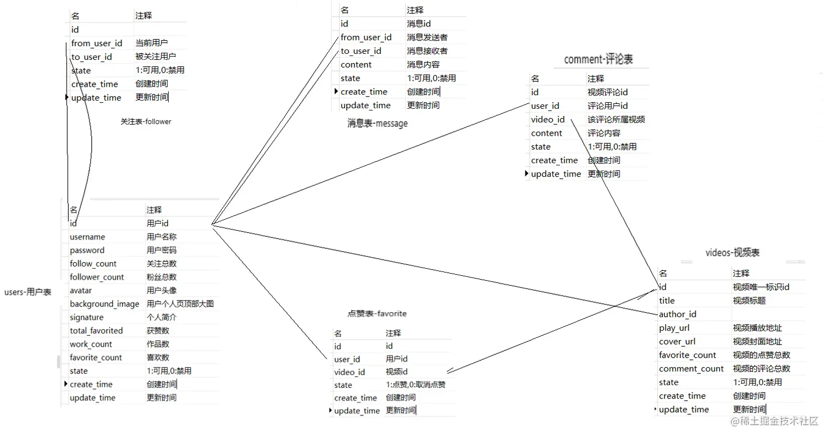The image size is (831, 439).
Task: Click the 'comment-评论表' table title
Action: click(598, 59)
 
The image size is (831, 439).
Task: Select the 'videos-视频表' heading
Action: click(732, 252)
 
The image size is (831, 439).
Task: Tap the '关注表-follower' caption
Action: click(146, 121)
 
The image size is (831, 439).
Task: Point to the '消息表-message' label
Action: click(377, 123)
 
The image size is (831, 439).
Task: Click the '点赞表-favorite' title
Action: click(376, 313)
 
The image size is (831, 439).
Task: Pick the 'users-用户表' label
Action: click(27, 292)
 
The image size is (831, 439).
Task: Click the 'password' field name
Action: click(87, 250)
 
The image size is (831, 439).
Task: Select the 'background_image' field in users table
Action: click(104, 304)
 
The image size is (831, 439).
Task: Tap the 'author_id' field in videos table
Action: click(678, 314)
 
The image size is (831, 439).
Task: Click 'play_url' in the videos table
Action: click(674, 328)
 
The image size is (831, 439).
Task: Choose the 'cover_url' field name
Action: click(677, 341)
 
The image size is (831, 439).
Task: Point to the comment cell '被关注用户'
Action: click(156, 57)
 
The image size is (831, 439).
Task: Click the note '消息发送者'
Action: click(427, 37)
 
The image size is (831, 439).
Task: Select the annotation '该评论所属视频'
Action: click(616, 119)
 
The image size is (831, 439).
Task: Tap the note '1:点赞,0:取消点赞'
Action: click(415, 385)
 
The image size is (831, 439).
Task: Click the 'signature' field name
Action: click(86, 317)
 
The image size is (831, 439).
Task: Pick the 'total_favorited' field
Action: click(96, 331)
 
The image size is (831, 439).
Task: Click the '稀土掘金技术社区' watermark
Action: click(774, 421)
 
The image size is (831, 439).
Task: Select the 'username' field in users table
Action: click(87, 237)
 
